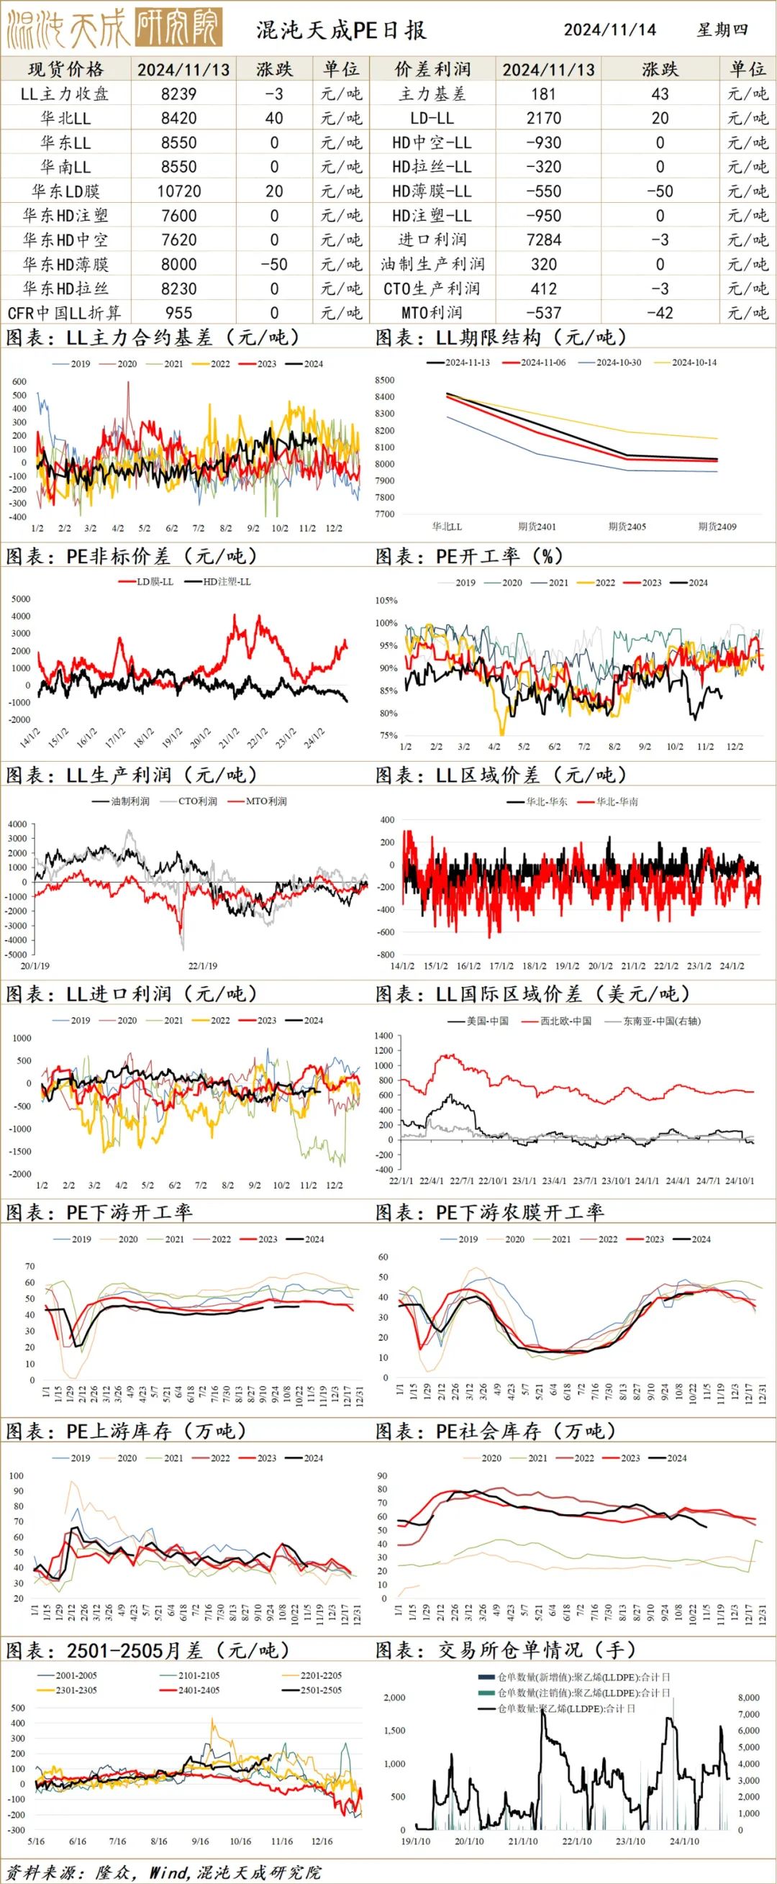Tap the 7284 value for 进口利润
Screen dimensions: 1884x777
click(544, 240)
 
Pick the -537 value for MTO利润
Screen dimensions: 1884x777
click(544, 313)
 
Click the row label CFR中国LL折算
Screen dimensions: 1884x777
click(64, 313)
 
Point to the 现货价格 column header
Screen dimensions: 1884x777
click(66, 70)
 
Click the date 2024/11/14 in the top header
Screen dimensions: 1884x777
click(609, 30)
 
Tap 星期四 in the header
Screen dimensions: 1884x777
click(722, 30)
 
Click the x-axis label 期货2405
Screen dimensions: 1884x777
click(627, 527)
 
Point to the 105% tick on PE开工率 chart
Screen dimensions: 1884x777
click(386, 601)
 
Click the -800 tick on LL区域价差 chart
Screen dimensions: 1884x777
click(386, 955)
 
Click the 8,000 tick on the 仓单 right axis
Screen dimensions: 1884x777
click(748, 1698)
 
